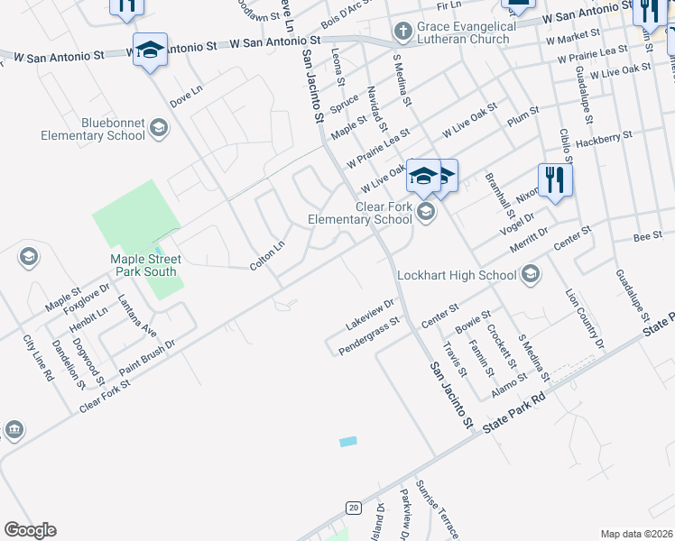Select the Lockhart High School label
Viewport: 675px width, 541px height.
click(x=460, y=274)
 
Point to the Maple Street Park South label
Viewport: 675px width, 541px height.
click(x=145, y=265)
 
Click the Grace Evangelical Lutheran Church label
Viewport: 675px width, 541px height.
click(x=467, y=33)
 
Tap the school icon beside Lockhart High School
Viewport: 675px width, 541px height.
click(x=531, y=273)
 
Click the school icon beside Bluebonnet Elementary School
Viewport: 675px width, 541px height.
click(x=159, y=128)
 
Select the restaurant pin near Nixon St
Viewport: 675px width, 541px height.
click(x=555, y=180)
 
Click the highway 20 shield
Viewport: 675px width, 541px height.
click(x=353, y=508)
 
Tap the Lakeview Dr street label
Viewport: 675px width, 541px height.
click(x=370, y=314)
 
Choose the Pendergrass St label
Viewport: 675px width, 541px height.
click(x=368, y=335)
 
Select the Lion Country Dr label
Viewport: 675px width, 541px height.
click(x=585, y=316)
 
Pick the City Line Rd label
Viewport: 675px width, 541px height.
click(x=37, y=357)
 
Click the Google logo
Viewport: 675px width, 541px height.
click(x=30, y=530)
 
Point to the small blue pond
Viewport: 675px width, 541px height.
click(x=347, y=442)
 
